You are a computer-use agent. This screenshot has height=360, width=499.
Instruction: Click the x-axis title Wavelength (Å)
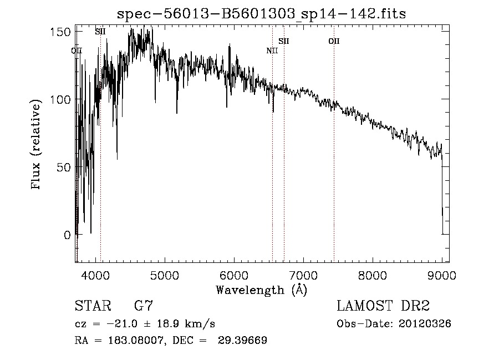pos(261,290)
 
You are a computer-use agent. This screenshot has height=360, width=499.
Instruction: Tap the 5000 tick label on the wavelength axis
pos(164,275)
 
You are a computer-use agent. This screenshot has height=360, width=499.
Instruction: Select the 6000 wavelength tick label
pos(233,275)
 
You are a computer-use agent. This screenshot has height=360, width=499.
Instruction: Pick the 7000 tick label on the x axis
pos(303,275)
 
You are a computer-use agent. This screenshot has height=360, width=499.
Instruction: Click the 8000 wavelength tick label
pos(373,275)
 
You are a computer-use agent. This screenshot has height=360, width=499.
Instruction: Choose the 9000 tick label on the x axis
pos(442,275)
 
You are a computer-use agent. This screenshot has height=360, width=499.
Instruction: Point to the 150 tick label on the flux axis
pos(64,32)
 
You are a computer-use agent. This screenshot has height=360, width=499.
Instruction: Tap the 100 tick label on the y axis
pos(64,99)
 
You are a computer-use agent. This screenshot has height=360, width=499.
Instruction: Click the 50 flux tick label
pos(67,167)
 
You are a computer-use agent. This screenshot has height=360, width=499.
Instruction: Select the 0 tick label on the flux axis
pos(69,235)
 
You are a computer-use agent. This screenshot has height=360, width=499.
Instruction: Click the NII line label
pos(272,50)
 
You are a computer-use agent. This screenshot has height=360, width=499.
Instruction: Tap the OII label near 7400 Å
pos(334,41)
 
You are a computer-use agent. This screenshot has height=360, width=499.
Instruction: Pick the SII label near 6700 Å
pos(284,41)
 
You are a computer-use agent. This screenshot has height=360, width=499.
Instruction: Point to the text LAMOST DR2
pos(383,306)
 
